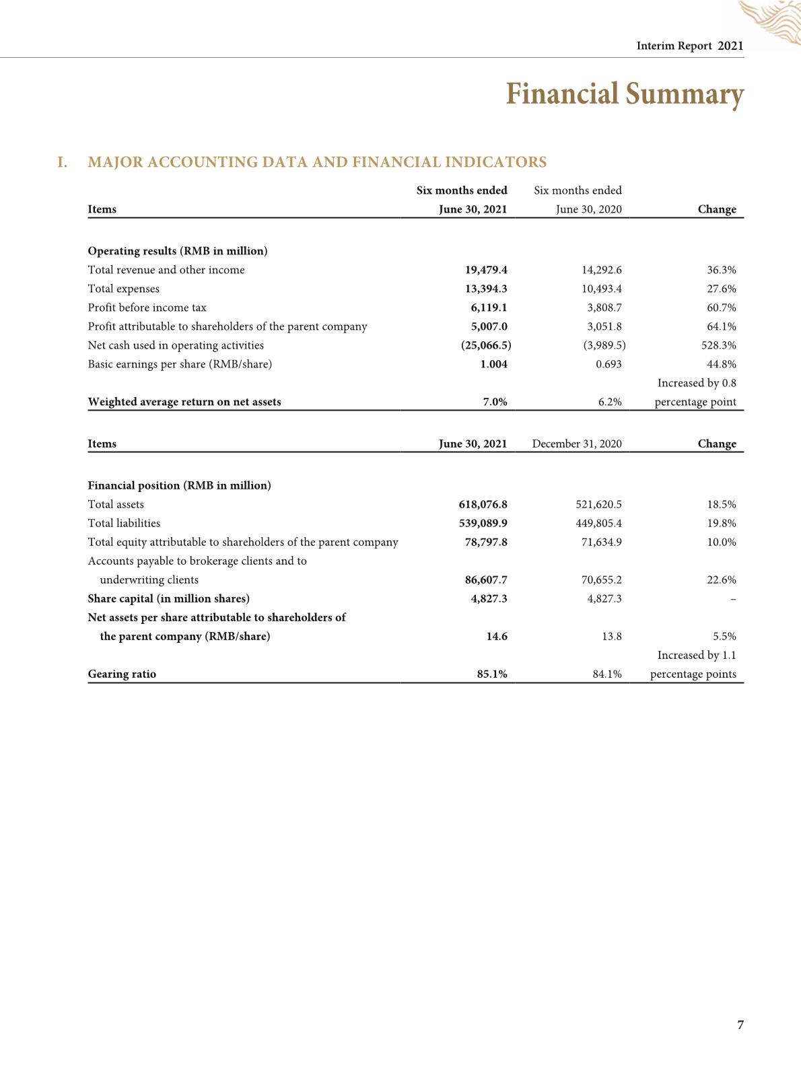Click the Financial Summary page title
click(624, 94)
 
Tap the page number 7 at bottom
click(740, 1025)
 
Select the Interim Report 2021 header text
click(689, 46)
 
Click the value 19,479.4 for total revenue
click(486, 270)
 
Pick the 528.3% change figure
click(718, 345)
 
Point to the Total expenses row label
click(124, 289)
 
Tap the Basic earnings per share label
click(180, 364)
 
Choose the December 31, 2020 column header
click(577, 444)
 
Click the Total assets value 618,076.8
click(483, 504)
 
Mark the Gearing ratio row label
click(122, 674)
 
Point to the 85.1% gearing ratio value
click(492, 674)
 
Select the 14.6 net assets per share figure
click(497, 636)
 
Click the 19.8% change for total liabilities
click(722, 523)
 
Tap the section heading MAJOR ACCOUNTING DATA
click(317, 162)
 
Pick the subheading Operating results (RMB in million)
click(178, 251)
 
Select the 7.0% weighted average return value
click(495, 402)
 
